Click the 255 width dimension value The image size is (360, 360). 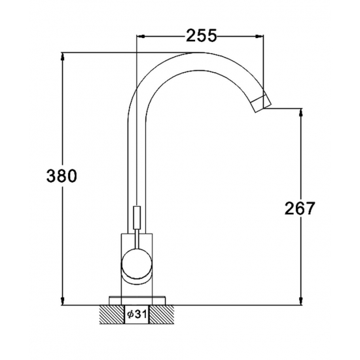[x=201, y=35]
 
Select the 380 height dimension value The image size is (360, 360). [x=62, y=176]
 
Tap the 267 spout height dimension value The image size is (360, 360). [x=300, y=208]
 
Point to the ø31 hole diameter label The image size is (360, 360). [x=137, y=314]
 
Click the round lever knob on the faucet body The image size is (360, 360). [x=137, y=264]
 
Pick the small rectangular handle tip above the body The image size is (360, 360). [x=137, y=218]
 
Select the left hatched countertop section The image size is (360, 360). [x=112, y=314]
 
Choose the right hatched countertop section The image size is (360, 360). [x=162, y=314]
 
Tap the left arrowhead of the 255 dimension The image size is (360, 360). [x=140, y=36]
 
